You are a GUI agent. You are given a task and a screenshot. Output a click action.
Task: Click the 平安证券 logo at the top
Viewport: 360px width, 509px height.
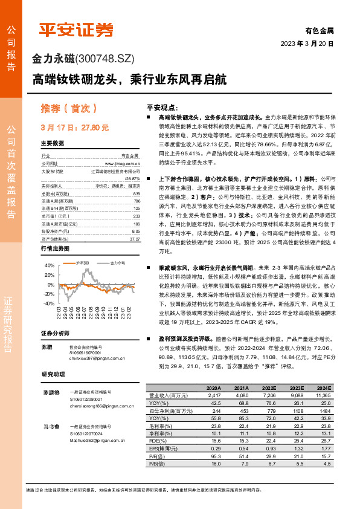click(76, 30)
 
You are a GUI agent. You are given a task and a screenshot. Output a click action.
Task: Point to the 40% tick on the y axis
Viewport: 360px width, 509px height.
click(50, 265)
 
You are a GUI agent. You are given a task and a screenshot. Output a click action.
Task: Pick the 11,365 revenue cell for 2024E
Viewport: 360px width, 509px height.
click(323, 394)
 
